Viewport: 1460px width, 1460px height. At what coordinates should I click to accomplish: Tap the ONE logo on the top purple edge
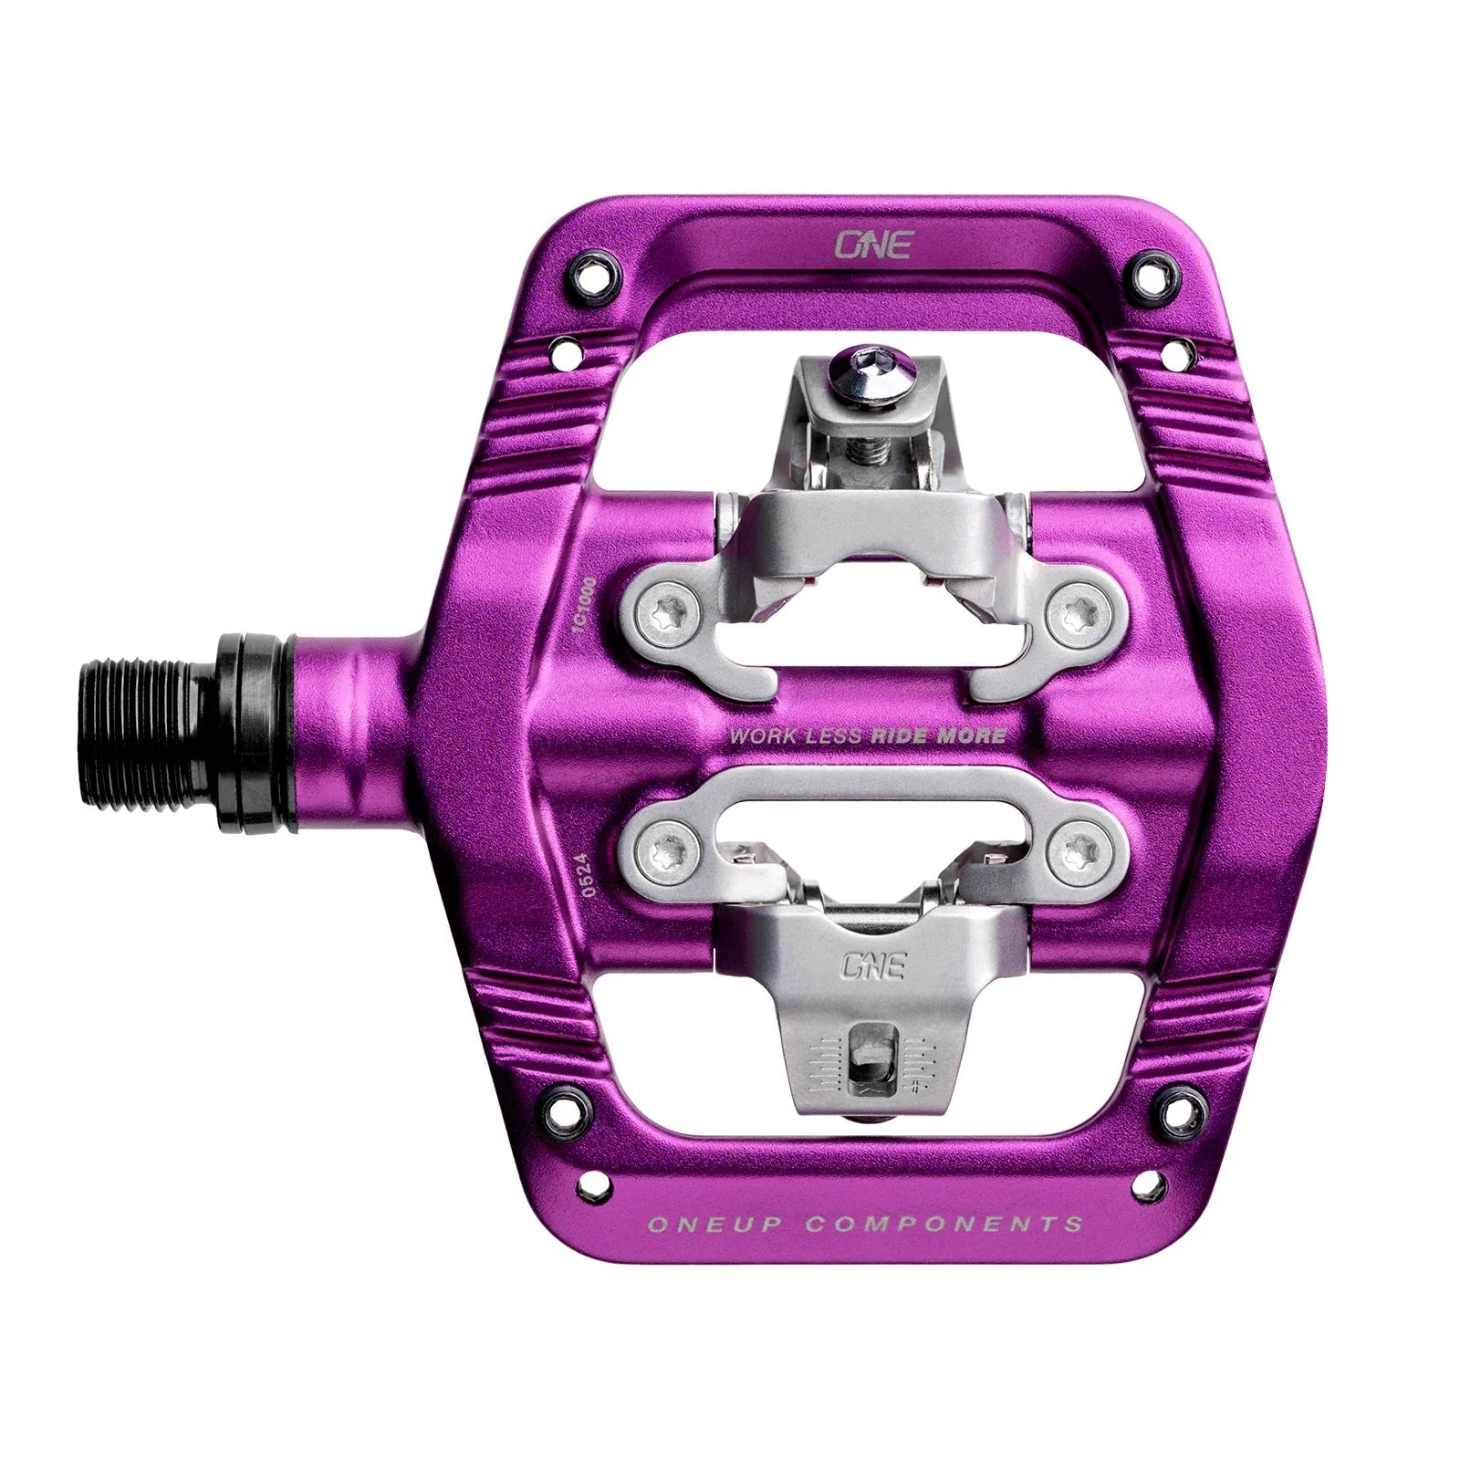click(x=873, y=246)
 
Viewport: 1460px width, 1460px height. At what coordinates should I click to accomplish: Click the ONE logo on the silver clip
click(x=873, y=965)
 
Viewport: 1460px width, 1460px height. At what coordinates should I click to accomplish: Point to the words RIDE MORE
click(x=939, y=735)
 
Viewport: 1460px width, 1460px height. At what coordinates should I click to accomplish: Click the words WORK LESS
click(x=795, y=735)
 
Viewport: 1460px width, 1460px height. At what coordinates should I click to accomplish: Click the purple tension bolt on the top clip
click(x=871, y=360)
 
